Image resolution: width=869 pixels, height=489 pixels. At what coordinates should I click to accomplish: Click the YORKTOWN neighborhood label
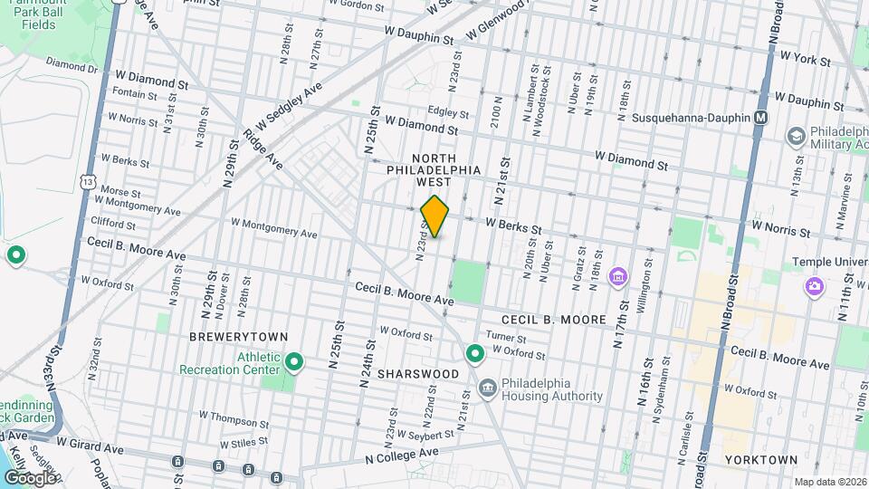point(761,460)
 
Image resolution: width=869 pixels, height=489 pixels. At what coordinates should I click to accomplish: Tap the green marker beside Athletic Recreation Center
point(293,363)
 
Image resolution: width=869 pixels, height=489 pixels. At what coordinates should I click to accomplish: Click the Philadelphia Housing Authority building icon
point(487,388)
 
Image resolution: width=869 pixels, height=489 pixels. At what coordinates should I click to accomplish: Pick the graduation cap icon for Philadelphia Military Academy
point(796,136)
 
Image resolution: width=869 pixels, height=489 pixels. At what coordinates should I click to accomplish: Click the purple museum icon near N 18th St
point(618,275)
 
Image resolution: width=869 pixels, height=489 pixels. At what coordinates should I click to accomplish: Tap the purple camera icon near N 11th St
point(815,287)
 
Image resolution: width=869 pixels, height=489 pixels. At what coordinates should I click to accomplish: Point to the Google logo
point(30,477)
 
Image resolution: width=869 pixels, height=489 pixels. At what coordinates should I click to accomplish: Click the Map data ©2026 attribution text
point(830,483)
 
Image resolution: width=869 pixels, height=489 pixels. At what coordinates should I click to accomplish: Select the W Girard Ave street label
point(89,446)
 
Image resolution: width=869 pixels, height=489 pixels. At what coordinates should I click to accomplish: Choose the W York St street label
point(805,57)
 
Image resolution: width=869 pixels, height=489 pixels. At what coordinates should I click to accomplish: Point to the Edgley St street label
point(449,114)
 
